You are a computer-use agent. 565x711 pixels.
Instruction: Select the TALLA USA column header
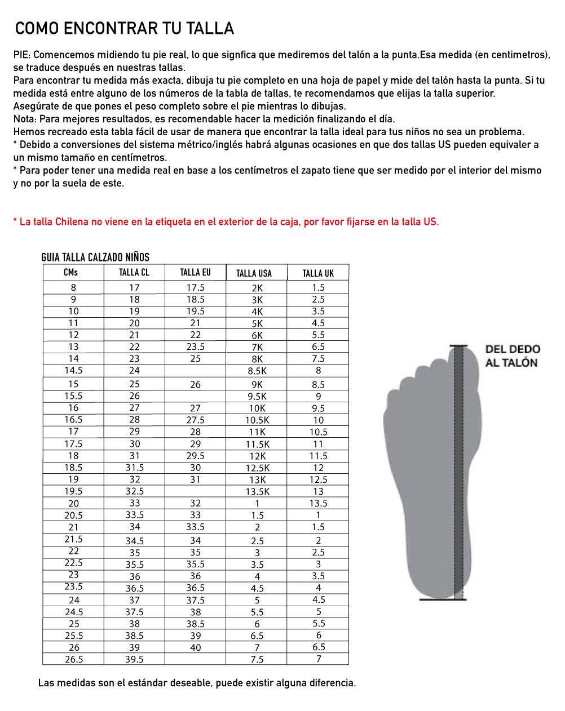pos(254,273)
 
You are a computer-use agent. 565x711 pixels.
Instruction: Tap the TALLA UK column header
pos(318,273)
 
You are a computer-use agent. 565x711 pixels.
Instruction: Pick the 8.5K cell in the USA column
pos(257,371)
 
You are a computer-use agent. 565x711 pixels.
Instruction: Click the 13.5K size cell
pos(257,492)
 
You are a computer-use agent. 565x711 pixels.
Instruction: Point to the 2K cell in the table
pos(257,288)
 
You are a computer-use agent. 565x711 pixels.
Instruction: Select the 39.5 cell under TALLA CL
pos(134,659)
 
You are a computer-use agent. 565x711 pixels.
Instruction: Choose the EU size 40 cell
pos(195,647)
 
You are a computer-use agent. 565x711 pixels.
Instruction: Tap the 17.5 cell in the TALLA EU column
pos(195,287)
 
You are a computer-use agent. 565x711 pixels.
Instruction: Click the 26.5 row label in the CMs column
pos(74,659)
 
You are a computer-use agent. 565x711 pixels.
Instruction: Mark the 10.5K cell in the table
pos(257,420)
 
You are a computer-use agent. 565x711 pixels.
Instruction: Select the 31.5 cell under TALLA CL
pos(134,468)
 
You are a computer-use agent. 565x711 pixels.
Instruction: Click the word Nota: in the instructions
pos(25,119)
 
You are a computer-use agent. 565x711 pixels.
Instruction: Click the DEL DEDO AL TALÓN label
pos(512,356)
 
